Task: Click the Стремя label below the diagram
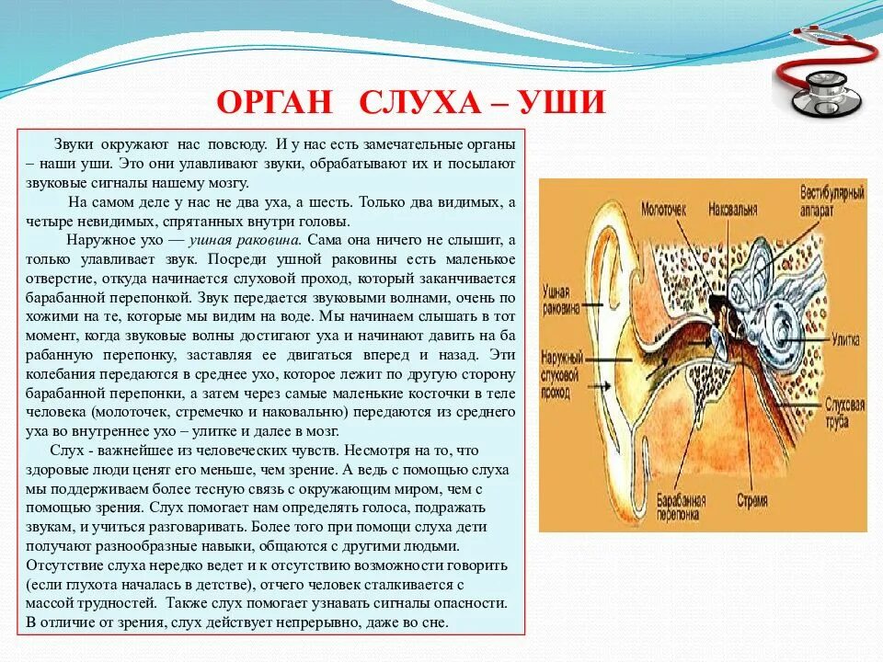pos(751,502)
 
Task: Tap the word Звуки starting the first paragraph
pos(74,145)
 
